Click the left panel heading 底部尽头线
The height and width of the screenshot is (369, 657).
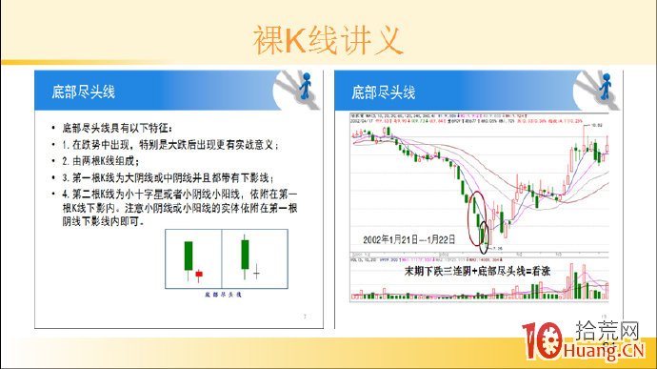[83, 92]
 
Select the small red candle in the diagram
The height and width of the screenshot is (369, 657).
[199, 274]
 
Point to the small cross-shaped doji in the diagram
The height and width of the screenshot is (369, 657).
[257, 273]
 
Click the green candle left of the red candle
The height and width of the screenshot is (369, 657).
[189, 257]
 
